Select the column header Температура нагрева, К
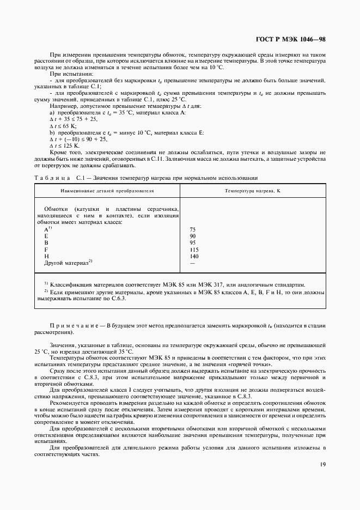[253, 191]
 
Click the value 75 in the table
[192, 229]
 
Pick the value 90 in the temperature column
[192, 236]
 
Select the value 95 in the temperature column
[192, 242]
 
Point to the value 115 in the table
[194, 249]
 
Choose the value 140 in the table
[194, 256]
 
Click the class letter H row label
[46, 256]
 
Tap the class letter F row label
[46, 249]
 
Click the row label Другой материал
[66, 263]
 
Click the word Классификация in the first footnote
[72, 285]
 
